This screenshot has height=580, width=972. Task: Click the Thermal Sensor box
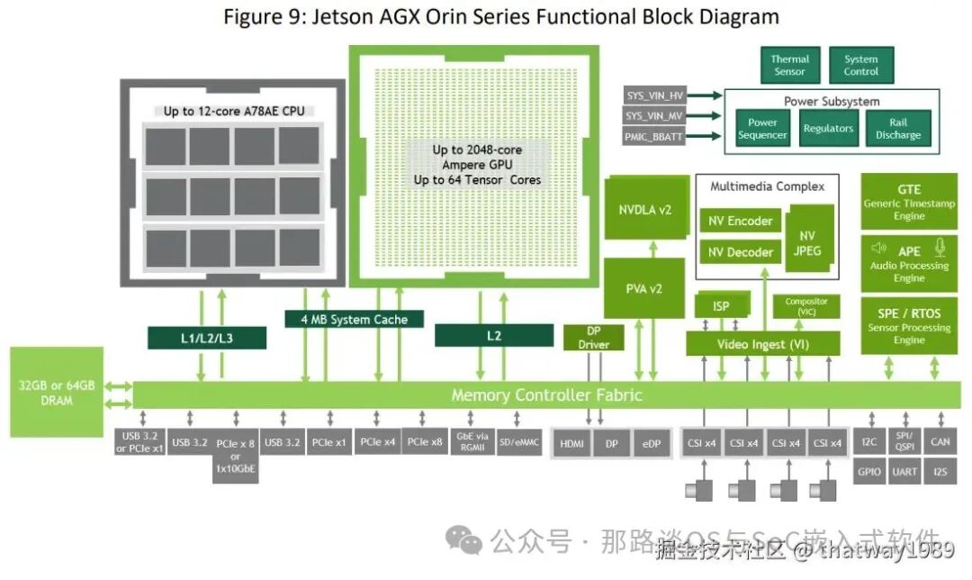click(789, 66)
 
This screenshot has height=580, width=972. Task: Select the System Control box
click(860, 66)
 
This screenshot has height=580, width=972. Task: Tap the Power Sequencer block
click(762, 129)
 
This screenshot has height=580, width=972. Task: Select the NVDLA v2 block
click(644, 210)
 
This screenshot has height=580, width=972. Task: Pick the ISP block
click(721, 306)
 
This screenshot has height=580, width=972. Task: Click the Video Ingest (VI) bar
click(763, 344)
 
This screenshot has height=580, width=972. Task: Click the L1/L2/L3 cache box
click(208, 338)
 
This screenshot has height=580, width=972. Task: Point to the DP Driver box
click(593, 338)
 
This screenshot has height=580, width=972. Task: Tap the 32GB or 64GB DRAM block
click(56, 392)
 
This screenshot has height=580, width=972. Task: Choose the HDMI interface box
click(571, 444)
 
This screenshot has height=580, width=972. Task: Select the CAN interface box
click(940, 441)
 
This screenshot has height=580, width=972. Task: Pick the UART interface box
click(904, 471)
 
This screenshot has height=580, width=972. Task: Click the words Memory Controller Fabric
click(546, 394)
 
